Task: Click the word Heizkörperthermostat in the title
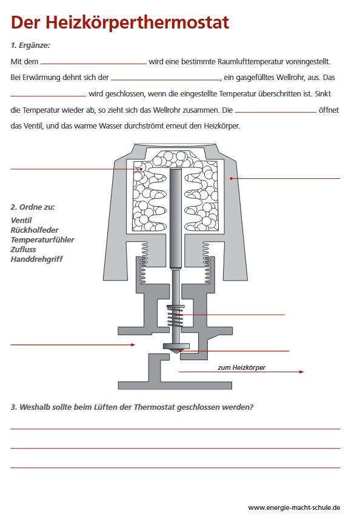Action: [138, 23]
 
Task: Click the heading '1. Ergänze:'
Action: [30, 45]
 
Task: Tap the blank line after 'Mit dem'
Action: [93, 63]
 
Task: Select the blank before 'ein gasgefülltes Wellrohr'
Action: [165, 79]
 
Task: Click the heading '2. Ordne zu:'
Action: [33, 207]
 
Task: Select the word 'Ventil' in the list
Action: [21, 220]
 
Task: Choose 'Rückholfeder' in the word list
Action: [35, 230]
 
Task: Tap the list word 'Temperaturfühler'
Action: [42, 239]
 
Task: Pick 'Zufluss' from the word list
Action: [23, 249]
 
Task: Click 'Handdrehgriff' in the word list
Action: [36, 259]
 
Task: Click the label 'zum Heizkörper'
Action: [242, 367]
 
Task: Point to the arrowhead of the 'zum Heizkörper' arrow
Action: [302, 372]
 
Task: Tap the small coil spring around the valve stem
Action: [176, 316]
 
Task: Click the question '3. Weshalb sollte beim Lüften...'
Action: [132, 407]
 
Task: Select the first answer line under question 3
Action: [175, 429]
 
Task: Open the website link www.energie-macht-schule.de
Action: [294, 507]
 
